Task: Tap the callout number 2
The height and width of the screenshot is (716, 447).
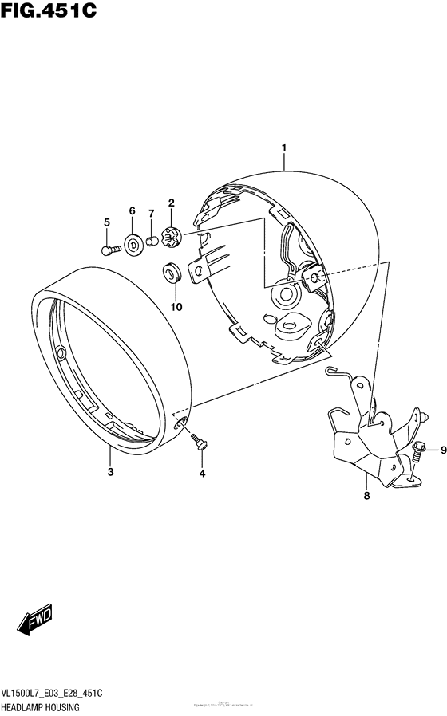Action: click(171, 203)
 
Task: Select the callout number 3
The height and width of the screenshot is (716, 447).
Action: click(110, 473)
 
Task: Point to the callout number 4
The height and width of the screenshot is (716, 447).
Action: click(202, 474)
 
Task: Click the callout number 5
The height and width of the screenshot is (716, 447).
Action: click(105, 222)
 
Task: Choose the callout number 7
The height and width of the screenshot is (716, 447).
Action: click(151, 214)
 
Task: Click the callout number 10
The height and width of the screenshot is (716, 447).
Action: click(176, 306)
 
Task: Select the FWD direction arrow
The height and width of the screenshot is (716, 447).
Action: click(36, 620)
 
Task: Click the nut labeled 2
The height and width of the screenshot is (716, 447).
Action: click(171, 235)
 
